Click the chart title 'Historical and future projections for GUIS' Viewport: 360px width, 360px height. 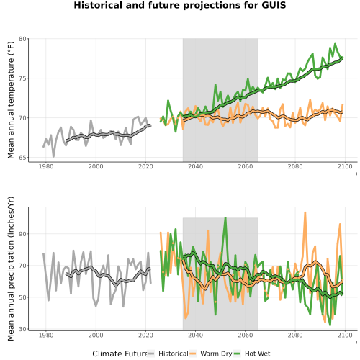click(x=180, y=5)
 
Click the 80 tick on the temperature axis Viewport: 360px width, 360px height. click(x=22, y=39)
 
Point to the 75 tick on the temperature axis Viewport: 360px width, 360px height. click(x=22, y=78)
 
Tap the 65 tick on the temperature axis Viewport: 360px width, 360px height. click(x=22, y=158)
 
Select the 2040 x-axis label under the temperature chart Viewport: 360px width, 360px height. click(x=195, y=166)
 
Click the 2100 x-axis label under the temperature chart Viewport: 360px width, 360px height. click(x=345, y=166)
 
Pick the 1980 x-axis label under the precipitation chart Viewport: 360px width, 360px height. click(x=46, y=335)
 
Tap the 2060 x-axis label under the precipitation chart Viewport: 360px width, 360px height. click(x=246, y=335)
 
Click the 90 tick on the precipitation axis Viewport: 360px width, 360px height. click(x=22, y=234)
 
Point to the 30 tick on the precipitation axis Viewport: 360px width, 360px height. click(x=22, y=329)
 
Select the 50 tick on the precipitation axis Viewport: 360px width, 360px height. click(x=22, y=297)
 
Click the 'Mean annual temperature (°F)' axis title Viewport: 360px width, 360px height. click(x=11, y=100)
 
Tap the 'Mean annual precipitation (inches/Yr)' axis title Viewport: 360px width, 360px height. click(x=11, y=269)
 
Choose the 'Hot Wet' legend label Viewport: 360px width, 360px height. click(x=257, y=354)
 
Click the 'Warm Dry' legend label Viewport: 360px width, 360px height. click(x=216, y=354)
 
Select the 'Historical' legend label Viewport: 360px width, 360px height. click(x=174, y=354)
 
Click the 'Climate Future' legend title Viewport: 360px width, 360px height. click(x=120, y=354)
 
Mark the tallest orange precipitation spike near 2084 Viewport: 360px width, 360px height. click(x=305, y=212)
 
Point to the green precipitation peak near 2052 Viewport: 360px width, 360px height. click(x=225, y=217)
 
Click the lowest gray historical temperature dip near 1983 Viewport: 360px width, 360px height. click(x=53, y=156)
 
